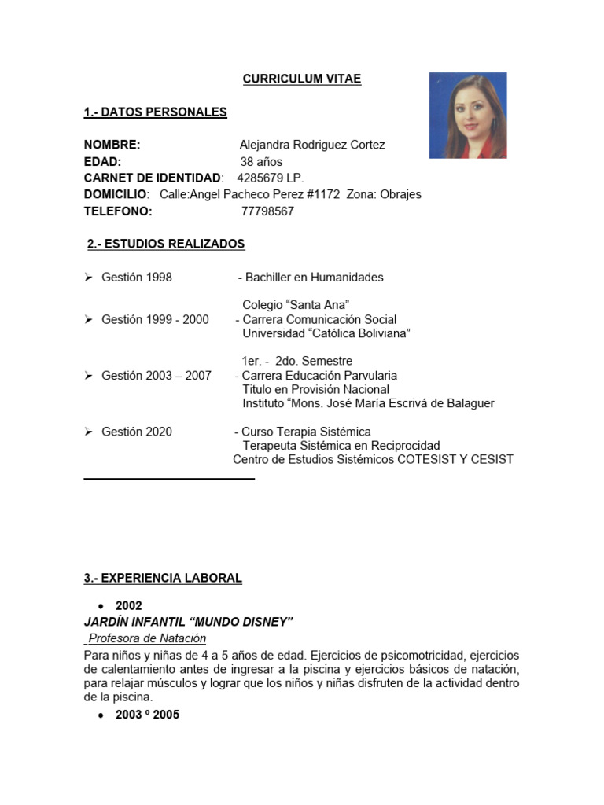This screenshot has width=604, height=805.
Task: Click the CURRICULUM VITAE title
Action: [302, 79]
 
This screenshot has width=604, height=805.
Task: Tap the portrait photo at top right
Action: [467, 116]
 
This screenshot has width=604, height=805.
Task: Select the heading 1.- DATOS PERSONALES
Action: [155, 112]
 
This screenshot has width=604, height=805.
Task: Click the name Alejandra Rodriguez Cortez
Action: [312, 145]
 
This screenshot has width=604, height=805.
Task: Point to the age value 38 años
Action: [261, 162]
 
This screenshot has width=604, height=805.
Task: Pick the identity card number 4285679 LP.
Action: [270, 178]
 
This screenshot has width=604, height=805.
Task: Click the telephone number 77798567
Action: [267, 211]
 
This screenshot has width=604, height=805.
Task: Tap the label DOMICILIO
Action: [115, 195]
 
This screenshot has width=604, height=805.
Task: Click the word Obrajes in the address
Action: [400, 195]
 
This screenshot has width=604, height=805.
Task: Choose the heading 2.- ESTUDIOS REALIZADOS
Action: [166, 244]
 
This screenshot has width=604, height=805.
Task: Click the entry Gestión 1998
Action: [136, 278]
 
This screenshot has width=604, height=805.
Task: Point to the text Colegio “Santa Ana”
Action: [296, 305]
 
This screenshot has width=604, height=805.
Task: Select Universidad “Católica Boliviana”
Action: [326, 333]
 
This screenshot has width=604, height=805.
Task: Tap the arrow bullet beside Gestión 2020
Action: [89, 432]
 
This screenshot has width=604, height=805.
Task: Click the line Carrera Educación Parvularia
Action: [319, 376]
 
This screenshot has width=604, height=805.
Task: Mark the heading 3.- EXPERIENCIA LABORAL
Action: [163, 579]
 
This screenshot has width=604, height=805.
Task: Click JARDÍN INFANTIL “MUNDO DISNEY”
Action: [188, 623]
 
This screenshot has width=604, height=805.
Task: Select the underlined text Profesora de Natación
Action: [147, 638]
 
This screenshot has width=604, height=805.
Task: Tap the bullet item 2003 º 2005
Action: [147, 715]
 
